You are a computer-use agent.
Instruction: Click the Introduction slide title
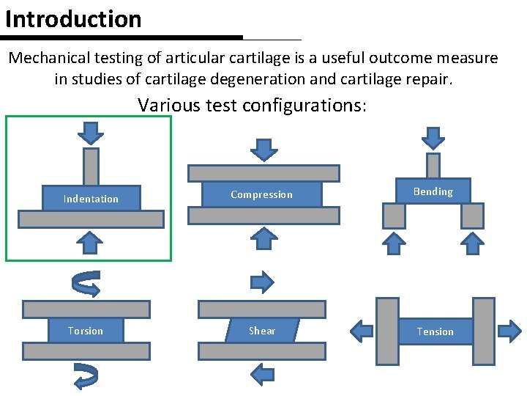(73, 19)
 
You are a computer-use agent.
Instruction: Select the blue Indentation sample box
(91, 198)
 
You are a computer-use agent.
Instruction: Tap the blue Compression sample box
(262, 194)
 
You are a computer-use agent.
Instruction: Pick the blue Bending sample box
(433, 191)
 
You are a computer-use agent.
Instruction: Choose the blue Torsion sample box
(86, 331)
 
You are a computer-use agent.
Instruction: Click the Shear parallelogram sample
(262, 331)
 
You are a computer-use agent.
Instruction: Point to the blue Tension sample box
(436, 331)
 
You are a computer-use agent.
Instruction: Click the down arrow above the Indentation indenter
(91, 133)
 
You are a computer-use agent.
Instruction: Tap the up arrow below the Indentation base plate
(91, 241)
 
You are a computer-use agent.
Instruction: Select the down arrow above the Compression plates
(263, 149)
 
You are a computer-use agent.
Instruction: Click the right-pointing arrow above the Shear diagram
(262, 282)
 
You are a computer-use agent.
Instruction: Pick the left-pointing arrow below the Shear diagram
(262, 375)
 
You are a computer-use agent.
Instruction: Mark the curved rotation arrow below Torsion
(86, 375)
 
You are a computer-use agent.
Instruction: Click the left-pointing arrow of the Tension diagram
(362, 331)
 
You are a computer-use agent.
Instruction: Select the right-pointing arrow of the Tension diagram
(509, 331)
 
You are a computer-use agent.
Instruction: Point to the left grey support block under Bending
(394, 215)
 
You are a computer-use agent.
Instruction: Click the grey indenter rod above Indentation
(91, 167)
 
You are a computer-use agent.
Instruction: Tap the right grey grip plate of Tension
(483, 331)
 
